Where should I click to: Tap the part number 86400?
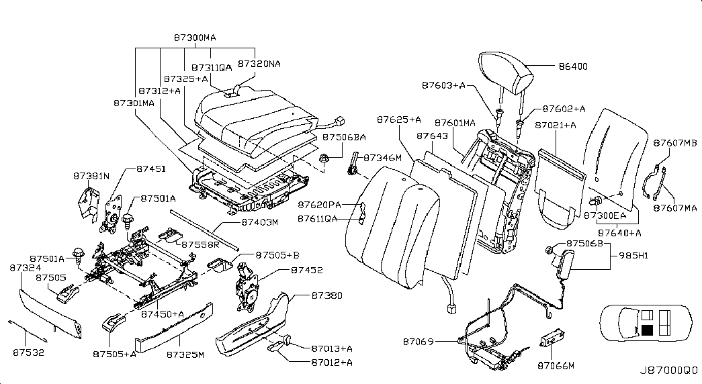[573, 66]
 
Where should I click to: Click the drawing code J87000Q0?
[668, 370]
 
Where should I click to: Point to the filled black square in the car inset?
[648, 330]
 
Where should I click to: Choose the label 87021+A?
[556, 126]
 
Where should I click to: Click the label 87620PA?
[321, 203]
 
